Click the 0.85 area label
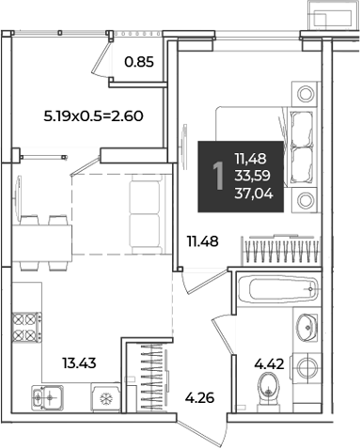(x=139, y=62)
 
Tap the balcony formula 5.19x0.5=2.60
(x=93, y=116)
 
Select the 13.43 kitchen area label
(x=79, y=363)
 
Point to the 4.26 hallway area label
(x=199, y=398)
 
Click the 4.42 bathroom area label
(x=269, y=364)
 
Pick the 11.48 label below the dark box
(x=202, y=241)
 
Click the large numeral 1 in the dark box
(x=218, y=176)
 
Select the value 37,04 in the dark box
(x=254, y=193)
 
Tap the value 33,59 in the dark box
(x=253, y=176)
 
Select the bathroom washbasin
(x=307, y=327)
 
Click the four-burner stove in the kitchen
(x=27, y=327)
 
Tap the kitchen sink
(x=47, y=397)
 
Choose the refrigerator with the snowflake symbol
(x=105, y=397)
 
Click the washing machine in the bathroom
(x=306, y=367)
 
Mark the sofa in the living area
(x=147, y=214)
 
